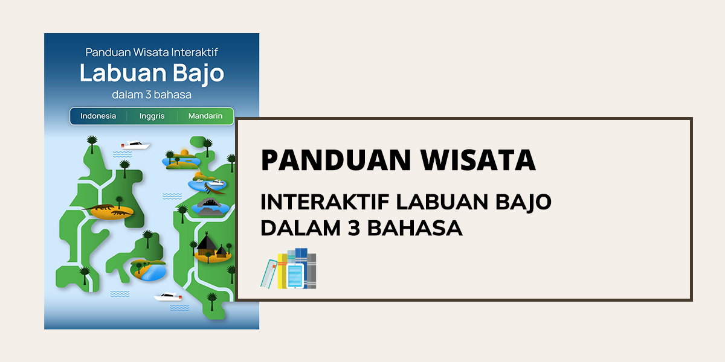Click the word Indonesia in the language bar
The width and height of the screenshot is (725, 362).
[x=98, y=116]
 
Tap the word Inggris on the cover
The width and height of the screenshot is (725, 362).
[x=152, y=116]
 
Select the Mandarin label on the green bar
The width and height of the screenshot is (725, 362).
[x=205, y=116]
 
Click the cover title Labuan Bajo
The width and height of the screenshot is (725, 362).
[x=152, y=74]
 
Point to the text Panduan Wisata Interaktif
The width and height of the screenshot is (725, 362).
[x=152, y=52]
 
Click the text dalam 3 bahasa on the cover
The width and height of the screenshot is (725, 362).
[x=152, y=95]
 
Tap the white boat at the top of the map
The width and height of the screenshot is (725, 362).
[x=135, y=145]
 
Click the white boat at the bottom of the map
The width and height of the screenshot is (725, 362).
[x=168, y=296]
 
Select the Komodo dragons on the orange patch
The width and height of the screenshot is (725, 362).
[x=107, y=210]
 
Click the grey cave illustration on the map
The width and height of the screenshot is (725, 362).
[x=210, y=206]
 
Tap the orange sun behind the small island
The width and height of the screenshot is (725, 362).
[x=184, y=152]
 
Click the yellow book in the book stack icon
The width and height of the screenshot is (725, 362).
[x=282, y=271]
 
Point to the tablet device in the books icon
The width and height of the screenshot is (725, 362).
[x=295, y=276]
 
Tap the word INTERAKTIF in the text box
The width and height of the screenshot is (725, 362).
[x=324, y=202]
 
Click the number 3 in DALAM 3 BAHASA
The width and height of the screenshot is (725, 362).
[x=354, y=228]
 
